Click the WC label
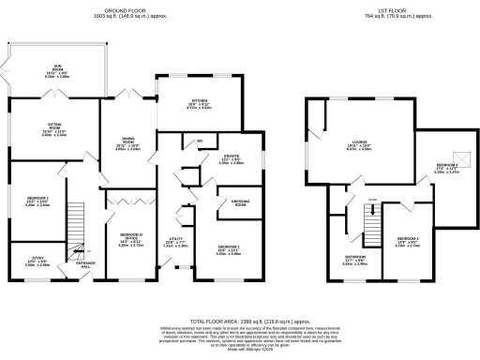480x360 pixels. [x=200, y=142]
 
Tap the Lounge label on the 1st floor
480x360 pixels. [x=352, y=144]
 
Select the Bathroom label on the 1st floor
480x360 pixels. [x=354, y=261]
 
